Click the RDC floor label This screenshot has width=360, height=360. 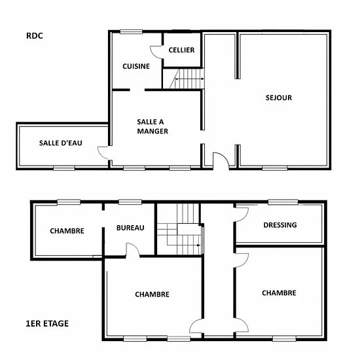pos(35,36)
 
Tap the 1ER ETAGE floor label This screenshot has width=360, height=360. pos(47,323)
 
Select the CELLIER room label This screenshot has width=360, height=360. pos(181,50)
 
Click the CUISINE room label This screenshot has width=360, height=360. pos(136,66)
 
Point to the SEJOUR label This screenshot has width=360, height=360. pos(279,98)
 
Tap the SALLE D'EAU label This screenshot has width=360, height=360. pos(61,143)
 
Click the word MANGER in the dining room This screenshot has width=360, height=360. pos(153,132)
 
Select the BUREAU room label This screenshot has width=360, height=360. pos(130,228)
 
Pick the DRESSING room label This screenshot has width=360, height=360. pos(280,225)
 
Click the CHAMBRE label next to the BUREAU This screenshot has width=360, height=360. pos(67,231)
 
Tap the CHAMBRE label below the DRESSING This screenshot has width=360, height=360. pos(279,293)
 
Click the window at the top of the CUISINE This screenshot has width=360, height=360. pos(131,32)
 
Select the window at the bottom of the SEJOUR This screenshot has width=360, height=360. pos(275,168)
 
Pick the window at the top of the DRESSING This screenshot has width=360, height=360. pos(283,202)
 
